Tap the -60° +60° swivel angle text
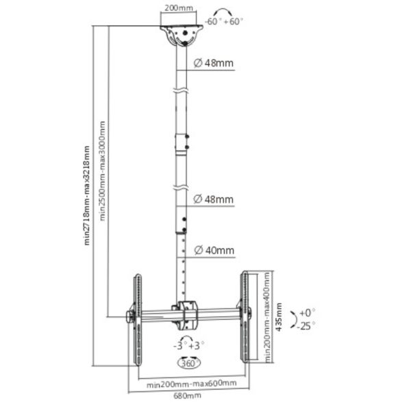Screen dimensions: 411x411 pos(227,22)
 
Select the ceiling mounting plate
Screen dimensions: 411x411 pos(182,34)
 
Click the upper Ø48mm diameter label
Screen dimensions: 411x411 pos(213,63)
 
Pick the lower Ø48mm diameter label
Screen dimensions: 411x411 pos(213,199)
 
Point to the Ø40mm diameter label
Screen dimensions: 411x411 pos(213,251)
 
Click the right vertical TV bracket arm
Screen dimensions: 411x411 pos(244,316)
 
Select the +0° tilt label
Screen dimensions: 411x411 pos(306,311)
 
